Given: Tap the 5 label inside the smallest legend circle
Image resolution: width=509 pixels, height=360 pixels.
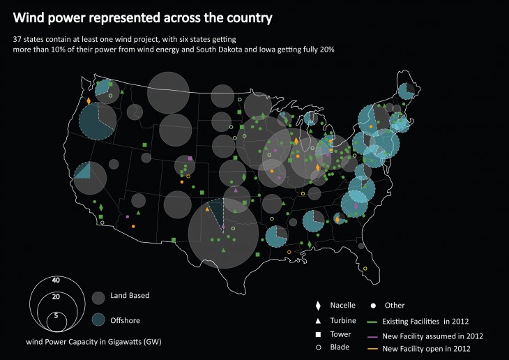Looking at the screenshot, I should point(56,315).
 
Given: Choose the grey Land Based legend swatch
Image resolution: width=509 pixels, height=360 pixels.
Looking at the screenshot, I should point(98,297).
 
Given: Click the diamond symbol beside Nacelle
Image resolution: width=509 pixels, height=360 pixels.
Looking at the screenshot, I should point(317,306).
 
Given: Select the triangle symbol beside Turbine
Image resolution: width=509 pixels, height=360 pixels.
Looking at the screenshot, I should point(317,320).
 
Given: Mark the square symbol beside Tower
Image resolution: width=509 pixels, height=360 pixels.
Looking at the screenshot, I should point(317,334).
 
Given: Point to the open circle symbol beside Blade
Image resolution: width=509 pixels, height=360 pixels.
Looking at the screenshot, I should point(317,347).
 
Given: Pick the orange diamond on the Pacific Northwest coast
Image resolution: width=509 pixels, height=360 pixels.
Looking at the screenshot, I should point(89,101).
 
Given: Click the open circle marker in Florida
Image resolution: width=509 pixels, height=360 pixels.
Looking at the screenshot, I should point(365,269).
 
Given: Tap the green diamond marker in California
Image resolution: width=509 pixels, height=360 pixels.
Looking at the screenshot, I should point(102,208).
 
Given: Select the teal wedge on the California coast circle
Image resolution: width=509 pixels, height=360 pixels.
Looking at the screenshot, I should point(82,171).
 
